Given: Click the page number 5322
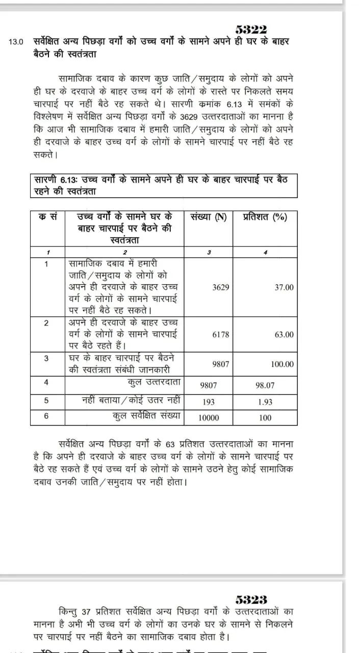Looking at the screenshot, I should (x=251, y=30).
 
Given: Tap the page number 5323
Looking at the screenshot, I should (x=251, y=599).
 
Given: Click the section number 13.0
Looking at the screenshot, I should (x=16, y=42).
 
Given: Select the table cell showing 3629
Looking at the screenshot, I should (x=221, y=287).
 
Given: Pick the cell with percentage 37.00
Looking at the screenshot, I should (x=284, y=287).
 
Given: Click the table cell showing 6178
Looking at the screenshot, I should (x=221, y=334).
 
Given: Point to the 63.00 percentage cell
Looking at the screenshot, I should (x=284, y=334).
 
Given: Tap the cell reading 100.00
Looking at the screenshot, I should (x=282, y=364).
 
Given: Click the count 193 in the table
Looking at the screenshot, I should (x=209, y=402).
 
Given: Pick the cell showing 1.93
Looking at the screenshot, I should (x=265, y=402).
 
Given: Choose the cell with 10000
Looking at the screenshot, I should (x=209, y=418).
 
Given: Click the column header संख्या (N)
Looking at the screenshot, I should (x=208, y=217).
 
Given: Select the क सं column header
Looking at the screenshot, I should (x=47, y=217).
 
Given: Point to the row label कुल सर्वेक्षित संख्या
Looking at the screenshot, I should (x=147, y=416).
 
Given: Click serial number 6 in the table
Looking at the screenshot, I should (x=46, y=416).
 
